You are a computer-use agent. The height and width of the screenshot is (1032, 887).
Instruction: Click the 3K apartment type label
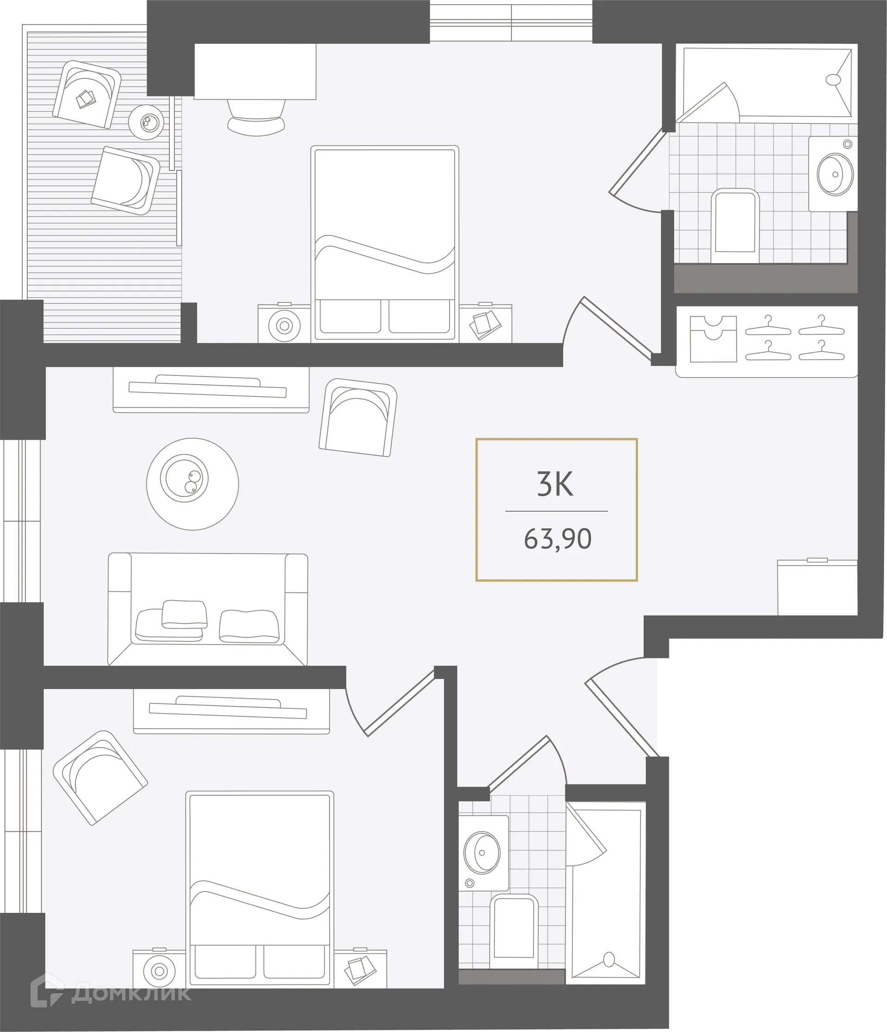pyautogui.click(x=555, y=483)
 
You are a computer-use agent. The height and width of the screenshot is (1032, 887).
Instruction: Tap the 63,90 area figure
pyautogui.click(x=557, y=539)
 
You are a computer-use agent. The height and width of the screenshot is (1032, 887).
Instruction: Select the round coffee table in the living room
pyautogui.click(x=192, y=483)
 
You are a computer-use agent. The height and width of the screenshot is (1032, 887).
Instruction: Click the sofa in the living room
pyautogui.click(x=208, y=609)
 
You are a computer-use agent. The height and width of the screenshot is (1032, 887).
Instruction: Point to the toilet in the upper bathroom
pyautogui.click(x=735, y=224)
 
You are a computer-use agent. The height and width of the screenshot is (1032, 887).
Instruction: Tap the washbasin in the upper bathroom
pyautogui.click(x=835, y=175)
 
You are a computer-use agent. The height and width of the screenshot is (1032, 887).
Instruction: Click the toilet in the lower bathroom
pyautogui.click(x=514, y=929)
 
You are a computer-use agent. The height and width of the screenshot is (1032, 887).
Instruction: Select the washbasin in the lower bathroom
pyautogui.click(x=482, y=852)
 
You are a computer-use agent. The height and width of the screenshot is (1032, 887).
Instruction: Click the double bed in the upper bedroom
pyautogui.click(x=384, y=244)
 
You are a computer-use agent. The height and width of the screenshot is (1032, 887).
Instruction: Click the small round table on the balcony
pyautogui.click(x=146, y=121)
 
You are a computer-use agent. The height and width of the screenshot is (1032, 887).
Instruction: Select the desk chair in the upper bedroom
pyautogui.click(x=256, y=117)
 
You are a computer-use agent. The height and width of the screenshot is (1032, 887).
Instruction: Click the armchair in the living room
pyautogui.click(x=358, y=417)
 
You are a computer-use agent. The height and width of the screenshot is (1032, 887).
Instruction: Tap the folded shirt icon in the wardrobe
pyautogui.click(x=712, y=338)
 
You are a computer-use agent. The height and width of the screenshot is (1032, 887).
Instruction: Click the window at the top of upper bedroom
pyautogui.click(x=511, y=23)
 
